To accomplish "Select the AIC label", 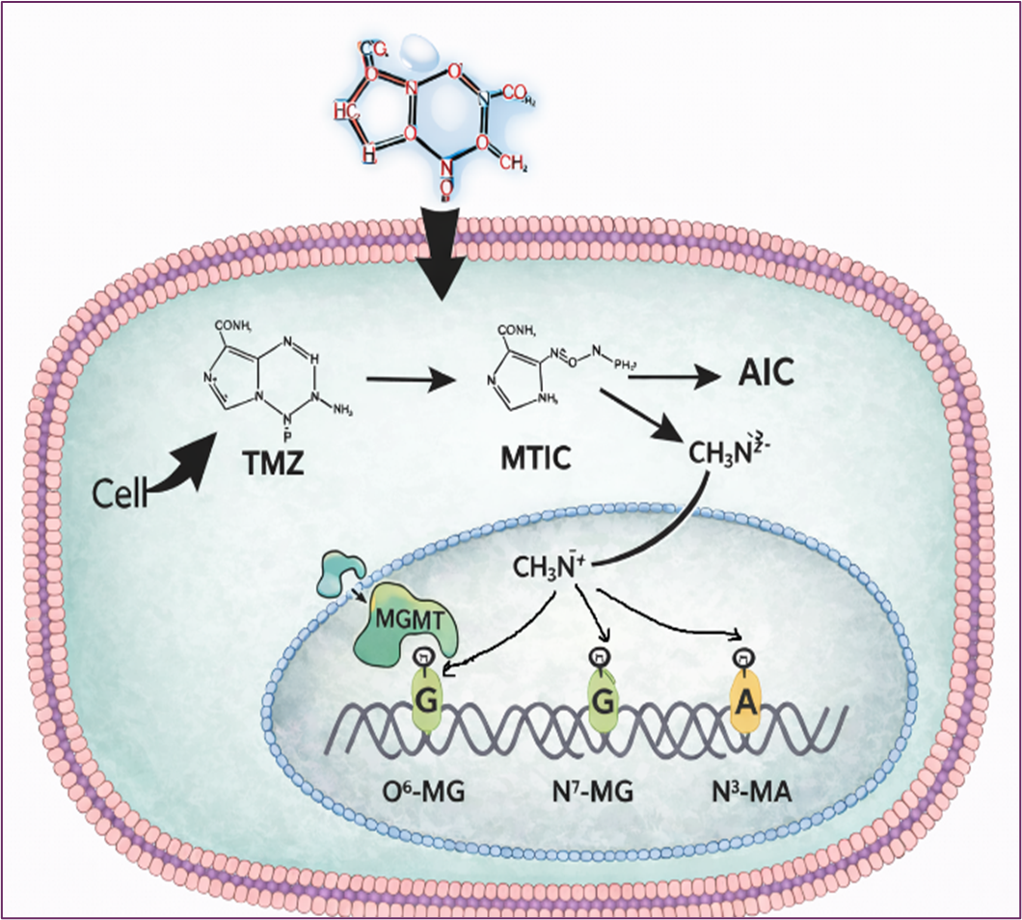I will (766, 373).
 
